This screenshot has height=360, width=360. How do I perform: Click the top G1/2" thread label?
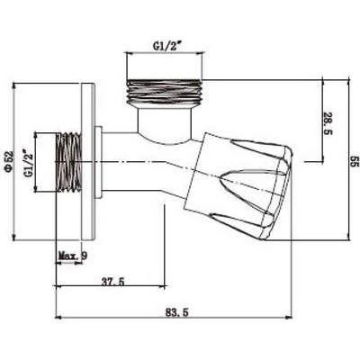tap(168, 46)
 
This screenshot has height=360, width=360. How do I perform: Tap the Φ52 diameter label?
tap(9, 160)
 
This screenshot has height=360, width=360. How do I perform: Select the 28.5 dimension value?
tap(328, 123)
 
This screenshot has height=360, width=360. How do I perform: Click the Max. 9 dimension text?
tap(73, 256)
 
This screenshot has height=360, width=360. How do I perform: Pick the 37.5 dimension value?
tap(112, 282)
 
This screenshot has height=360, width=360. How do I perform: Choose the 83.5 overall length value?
tap(176, 312)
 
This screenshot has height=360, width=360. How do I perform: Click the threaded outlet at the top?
tap(165, 92)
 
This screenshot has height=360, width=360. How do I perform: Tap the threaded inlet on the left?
tap(68, 162)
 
